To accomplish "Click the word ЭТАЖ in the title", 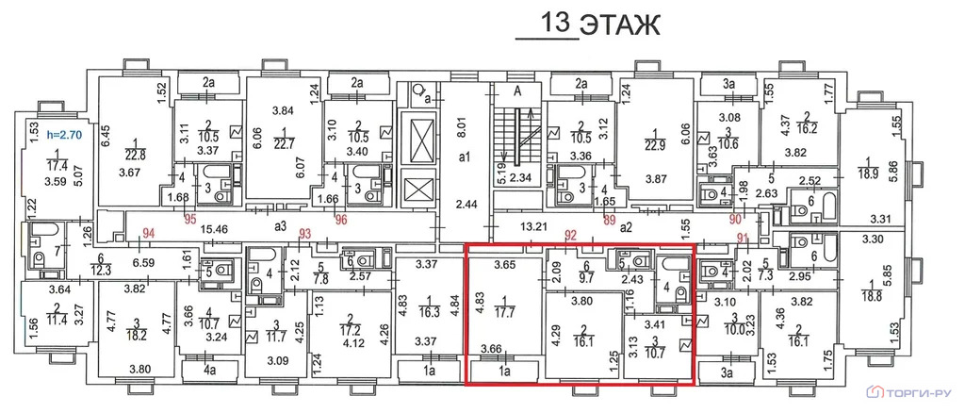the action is click(x=620, y=25).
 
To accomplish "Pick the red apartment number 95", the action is click(x=190, y=219).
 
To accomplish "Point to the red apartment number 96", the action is click(x=341, y=219).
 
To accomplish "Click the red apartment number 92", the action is click(x=572, y=234).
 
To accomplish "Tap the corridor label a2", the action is click(x=627, y=227).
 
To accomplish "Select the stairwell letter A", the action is click(x=517, y=92).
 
